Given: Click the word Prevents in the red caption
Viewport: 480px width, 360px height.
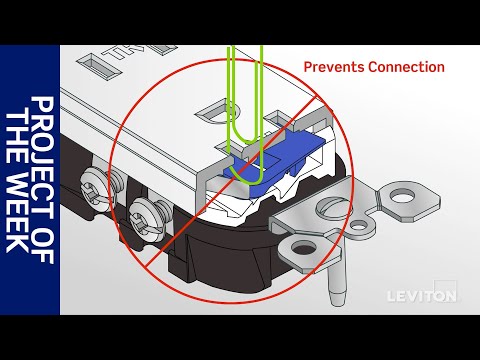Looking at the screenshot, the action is (334, 67).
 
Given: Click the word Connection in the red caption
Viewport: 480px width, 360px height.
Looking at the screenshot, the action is (406, 67).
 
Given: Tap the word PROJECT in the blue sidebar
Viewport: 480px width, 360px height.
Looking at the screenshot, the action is (42, 152).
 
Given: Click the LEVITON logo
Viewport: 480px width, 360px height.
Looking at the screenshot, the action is (421, 296).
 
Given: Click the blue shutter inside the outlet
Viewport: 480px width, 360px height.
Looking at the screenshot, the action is (273, 157).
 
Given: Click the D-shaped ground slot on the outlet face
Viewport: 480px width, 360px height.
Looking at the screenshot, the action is (217, 111).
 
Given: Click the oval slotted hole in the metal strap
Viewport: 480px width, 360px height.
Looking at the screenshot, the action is (334, 209).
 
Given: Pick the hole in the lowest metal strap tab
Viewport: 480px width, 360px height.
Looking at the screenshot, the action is (303, 249).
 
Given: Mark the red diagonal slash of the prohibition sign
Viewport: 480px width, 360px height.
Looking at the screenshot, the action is (230, 182).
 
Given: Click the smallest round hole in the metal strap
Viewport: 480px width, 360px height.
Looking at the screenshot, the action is (357, 227).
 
